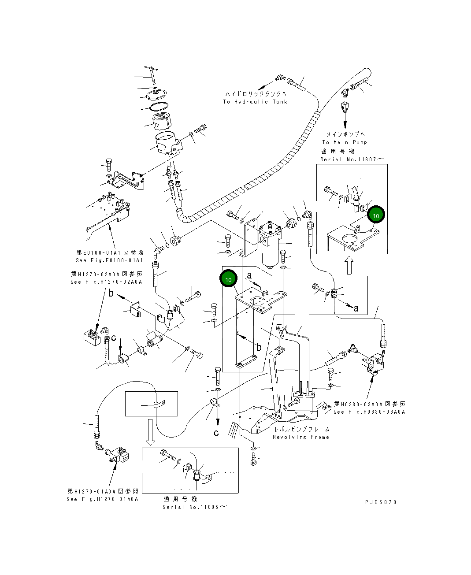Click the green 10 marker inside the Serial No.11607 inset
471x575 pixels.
(x=376, y=215)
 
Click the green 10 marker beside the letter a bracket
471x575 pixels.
(x=228, y=279)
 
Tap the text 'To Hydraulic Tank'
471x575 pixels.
(x=255, y=102)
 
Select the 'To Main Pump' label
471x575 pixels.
(x=344, y=142)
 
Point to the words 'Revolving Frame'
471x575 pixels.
(x=301, y=437)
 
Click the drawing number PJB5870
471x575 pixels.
(x=381, y=502)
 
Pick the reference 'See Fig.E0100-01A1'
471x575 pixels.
(x=109, y=260)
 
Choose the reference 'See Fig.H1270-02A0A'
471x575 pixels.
(x=106, y=282)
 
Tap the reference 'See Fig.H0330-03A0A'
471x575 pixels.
(x=369, y=412)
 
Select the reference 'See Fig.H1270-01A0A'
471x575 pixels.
(x=103, y=499)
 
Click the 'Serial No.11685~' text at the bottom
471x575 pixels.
(x=195, y=507)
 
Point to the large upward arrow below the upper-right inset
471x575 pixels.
(x=349, y=266)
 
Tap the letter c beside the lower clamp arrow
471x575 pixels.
(x=216, y=433)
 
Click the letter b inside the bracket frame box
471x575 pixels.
(x=259, y=348)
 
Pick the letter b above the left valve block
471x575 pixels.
(x=111, y=293)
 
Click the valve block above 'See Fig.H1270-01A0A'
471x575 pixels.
(x=120, y=455)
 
